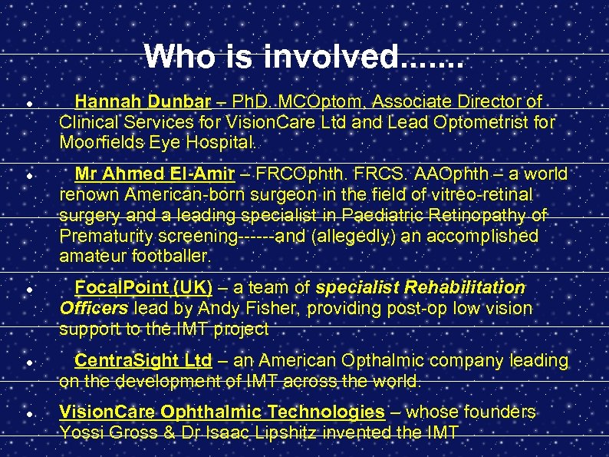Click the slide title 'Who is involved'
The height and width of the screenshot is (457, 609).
[304, 55]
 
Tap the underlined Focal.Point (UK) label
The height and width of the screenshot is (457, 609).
[143, 288]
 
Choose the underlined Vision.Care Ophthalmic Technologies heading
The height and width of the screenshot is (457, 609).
[222, 412]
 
